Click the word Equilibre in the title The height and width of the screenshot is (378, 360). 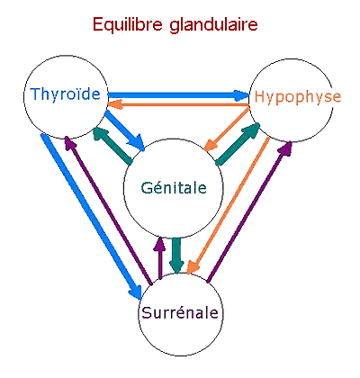pos(128,24)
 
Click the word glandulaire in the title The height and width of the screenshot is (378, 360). pos(213,24)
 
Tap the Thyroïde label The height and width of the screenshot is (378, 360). pos(65,94)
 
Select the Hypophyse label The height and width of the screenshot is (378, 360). pos(298,97)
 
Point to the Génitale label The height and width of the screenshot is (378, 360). pos(174,188)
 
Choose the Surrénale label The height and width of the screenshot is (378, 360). pos(180,313)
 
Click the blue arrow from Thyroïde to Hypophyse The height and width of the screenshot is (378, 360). pos(178,95)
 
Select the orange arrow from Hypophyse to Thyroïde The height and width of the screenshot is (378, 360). pos(178,104)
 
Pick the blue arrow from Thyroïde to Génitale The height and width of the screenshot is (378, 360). pos(124,130)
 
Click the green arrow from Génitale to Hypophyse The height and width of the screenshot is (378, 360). pos(238,143)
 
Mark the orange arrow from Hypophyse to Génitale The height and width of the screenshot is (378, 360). pos(227,129)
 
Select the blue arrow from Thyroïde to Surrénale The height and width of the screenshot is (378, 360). pos(91,217)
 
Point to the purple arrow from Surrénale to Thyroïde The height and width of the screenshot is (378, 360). pos(109,210)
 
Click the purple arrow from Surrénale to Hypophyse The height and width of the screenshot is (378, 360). pos(249,211)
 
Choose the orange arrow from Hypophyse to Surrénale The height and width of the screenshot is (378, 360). pos(228,206)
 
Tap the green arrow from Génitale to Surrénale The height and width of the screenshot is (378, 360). pos(176,256)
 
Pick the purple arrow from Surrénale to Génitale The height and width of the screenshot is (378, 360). pos(159,258)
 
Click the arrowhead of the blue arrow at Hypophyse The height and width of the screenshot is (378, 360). pos(242,95)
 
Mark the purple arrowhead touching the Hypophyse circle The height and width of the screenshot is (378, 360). pos(285,148)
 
